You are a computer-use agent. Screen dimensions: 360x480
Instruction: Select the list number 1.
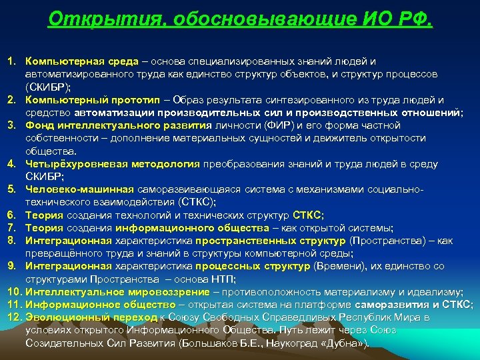pos(12,61)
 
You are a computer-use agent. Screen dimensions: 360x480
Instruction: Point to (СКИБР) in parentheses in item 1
pos(48,87)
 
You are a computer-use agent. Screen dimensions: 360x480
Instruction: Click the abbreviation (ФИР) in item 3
pos(279,125)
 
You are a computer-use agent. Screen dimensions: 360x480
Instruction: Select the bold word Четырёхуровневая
pos(70,163)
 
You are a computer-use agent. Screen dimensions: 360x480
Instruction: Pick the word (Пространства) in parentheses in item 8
pos(387,240)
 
